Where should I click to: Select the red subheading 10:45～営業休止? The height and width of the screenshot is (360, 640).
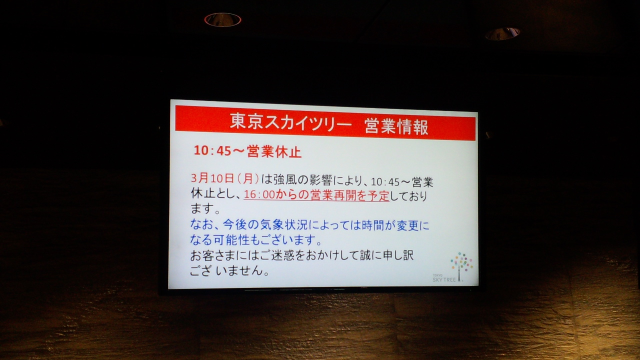pyautogui.click(x=247, y=151)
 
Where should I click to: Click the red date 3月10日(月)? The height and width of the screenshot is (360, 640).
pyautogui.click(x=225, y=178)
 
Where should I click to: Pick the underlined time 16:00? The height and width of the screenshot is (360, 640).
pyautogui.click(x=259, y=195)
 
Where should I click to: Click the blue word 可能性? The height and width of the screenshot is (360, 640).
pyautogui.click(x=231, y=239)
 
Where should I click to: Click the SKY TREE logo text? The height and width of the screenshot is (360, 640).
pyautogui.click(x=444, y=279)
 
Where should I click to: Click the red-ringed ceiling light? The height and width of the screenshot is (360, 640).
pyautogui.click(x=222, y=19)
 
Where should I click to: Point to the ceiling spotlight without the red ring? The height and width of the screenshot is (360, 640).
pyautogui.click(x=502, y=33)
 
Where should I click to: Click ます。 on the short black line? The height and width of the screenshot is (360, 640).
pyautogui.click(x=205, y=209)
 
